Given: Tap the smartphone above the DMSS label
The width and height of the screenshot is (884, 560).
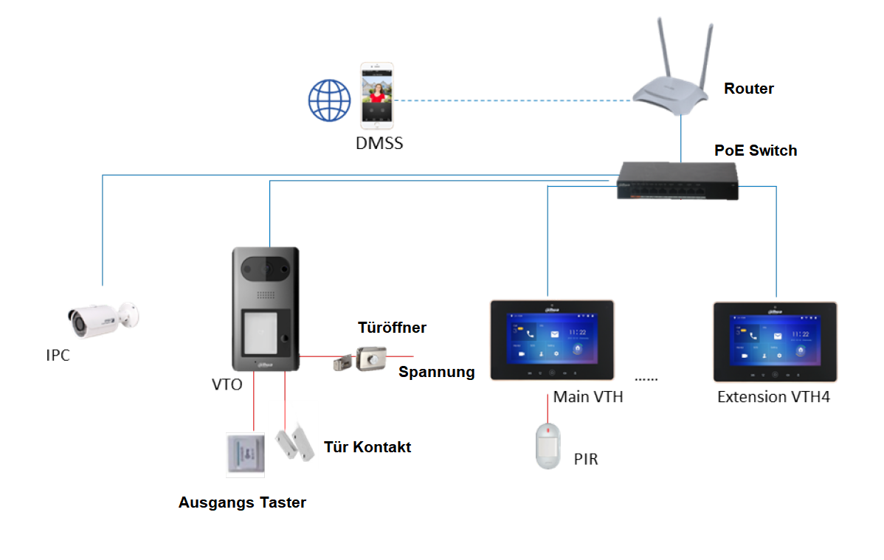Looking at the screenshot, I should [x=377, y=95].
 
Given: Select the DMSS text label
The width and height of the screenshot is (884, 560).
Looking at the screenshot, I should [x=379, y=143].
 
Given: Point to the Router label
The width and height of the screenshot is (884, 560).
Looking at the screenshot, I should [x=748, y=89].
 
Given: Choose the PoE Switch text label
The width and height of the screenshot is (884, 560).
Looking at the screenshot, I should [x=755, y=151].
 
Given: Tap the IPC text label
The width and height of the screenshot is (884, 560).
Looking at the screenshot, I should [x=58, y=356].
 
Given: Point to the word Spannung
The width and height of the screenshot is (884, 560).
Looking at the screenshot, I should [x=436, y=372].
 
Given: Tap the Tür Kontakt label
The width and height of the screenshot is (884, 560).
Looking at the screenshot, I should [x=367, y=447].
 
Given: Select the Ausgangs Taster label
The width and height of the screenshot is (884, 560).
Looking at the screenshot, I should [x=242, y=502].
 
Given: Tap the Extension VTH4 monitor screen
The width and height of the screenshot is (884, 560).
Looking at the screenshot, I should [x=774, y=338].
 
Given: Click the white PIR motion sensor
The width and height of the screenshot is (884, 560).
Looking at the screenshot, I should [x=548, y=446].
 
